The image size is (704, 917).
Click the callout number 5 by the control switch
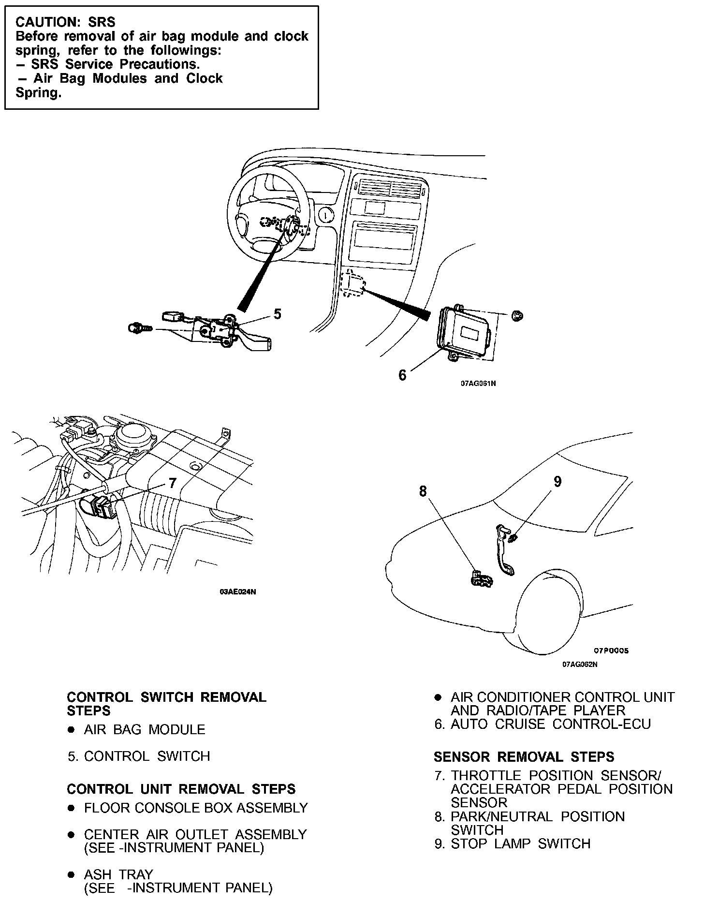tap(277, 314)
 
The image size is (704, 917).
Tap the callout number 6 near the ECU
tap(402, 375)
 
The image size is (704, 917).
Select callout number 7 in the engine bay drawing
tap(173, 483)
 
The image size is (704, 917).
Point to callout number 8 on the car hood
tap(423, 491)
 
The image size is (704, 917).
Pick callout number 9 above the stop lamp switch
tap(557, 481)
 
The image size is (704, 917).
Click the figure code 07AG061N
tap(478, 384)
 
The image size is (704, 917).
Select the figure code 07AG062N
tap(579, 664)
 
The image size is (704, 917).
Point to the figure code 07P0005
tap(611, 651)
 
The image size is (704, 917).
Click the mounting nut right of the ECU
tap(517, 316)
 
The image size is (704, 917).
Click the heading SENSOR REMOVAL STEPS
tap(524, 757)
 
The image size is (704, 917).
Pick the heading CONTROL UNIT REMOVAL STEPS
tap(181, 789)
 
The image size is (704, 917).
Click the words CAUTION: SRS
tap(65, 22)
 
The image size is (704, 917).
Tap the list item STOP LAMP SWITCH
tap(520, 843)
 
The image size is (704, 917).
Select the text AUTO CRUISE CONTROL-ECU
tap(550, 724)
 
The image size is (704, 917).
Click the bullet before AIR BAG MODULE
tap(71, 730)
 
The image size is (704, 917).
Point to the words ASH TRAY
tap(118, 874)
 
